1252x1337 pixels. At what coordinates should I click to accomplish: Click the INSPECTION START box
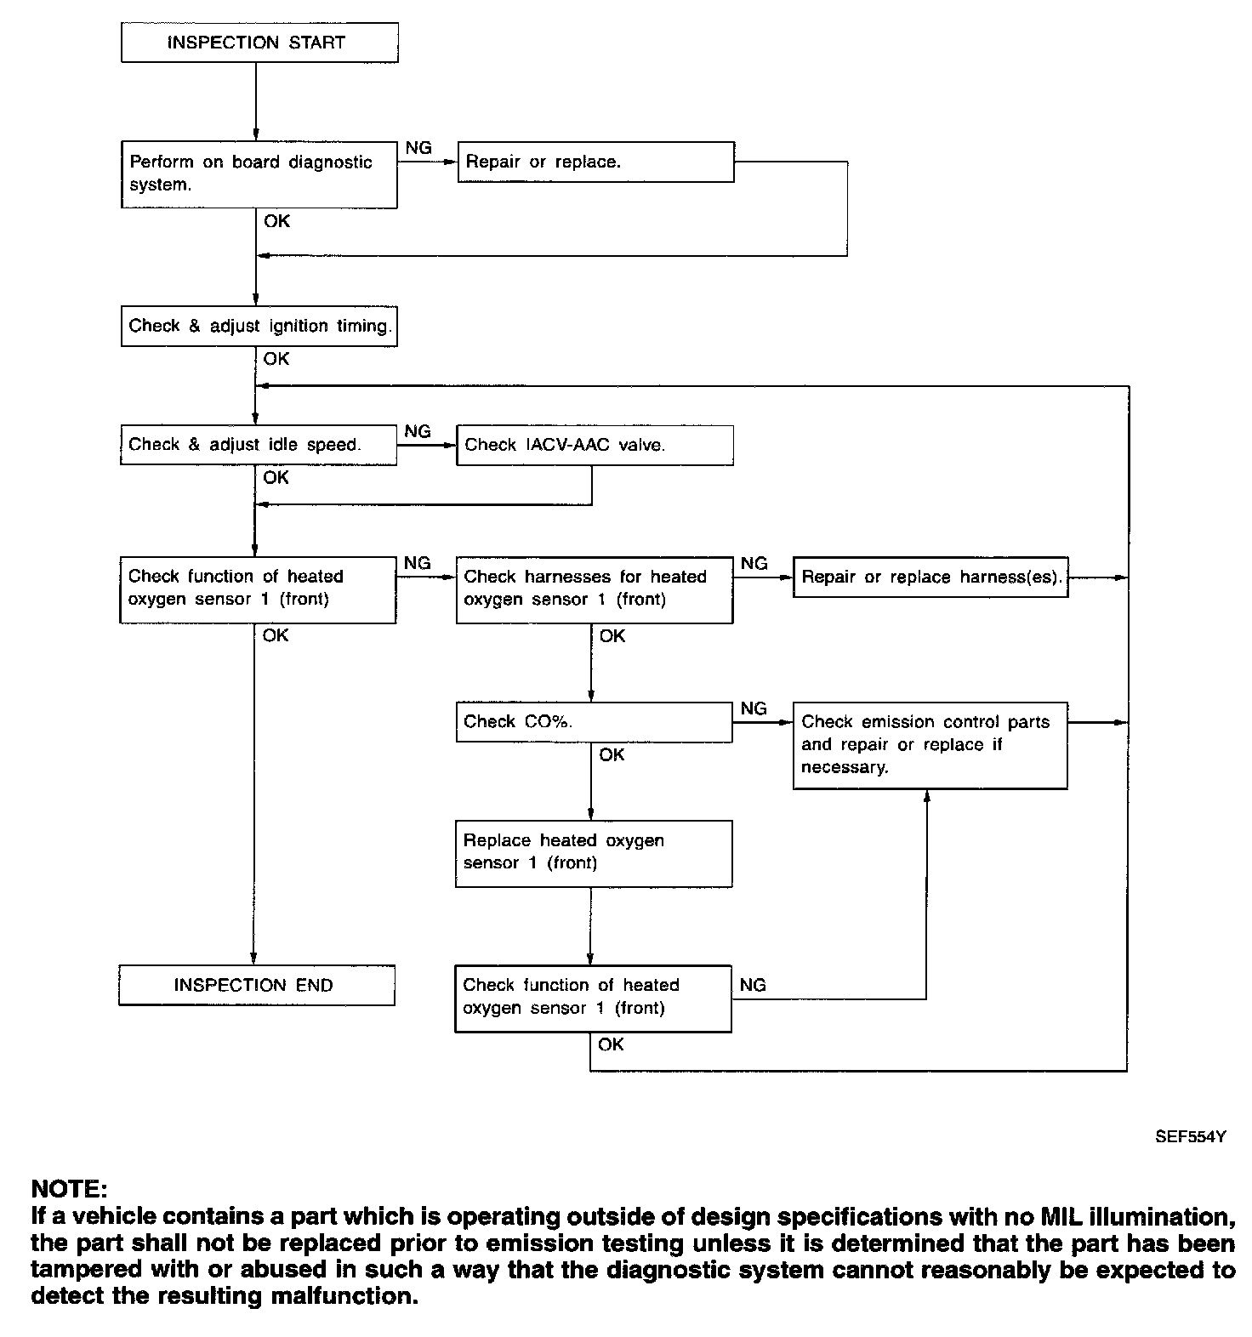click(259, 43)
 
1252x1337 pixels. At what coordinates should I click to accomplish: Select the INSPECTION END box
click(257, 985)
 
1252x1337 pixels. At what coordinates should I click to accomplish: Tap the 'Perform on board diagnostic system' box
click(259, 174)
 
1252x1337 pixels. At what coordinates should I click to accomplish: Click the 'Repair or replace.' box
click(595, 162)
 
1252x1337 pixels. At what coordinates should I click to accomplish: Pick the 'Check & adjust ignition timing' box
click(259, 326)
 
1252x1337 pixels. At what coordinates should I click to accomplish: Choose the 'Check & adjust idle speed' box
click(259, 445)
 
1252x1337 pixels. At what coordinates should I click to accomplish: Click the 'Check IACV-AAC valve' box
click(595, 445)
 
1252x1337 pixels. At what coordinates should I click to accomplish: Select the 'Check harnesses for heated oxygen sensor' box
click(595, 589)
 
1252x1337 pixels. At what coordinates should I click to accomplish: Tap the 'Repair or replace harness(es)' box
click(930, 577)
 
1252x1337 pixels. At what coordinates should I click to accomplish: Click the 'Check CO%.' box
click(594, 721)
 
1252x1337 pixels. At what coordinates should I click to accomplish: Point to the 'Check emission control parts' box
click(930, 745)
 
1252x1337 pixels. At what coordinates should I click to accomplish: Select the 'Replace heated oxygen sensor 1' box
click(594, 854)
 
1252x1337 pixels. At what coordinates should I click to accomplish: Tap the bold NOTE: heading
click(70, 1188)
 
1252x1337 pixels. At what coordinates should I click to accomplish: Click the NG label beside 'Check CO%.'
click(754, 708)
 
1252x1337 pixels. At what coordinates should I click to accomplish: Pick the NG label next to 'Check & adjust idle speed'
click(418, 431)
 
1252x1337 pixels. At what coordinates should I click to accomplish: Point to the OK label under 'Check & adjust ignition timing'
click(276, 359)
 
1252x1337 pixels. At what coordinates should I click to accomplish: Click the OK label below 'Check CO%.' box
click(612, 754)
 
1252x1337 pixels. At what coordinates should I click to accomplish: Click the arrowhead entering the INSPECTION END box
click(254, 959)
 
